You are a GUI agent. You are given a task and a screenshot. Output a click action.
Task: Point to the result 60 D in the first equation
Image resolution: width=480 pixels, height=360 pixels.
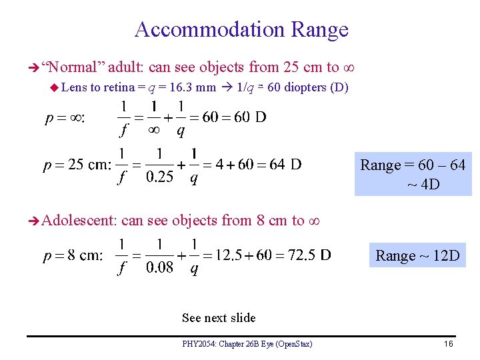click(243, 117)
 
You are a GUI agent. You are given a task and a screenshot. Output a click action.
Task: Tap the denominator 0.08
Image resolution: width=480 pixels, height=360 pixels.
click(160, 268)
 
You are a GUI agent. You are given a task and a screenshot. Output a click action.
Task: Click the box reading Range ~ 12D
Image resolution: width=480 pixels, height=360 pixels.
click(417, 255)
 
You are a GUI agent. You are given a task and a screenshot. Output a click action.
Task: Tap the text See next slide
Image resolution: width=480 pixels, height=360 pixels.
click(219, 317)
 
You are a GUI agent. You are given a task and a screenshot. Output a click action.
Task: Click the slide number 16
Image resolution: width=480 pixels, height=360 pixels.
click(447, 344)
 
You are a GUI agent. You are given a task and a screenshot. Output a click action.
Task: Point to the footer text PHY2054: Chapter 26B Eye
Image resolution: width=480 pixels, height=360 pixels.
click(247, 344)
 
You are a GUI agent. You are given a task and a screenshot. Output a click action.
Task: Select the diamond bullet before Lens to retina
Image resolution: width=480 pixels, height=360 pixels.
click(55, 87)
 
